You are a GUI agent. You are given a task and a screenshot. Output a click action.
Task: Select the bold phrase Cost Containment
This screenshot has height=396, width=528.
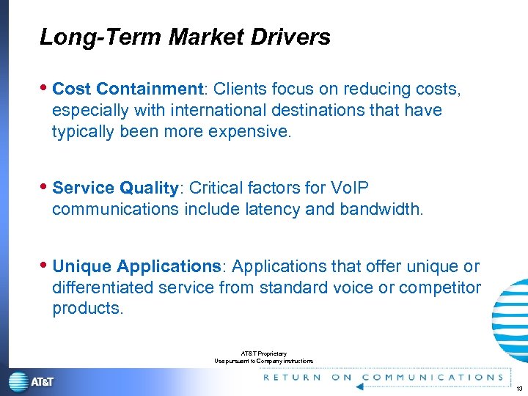[x=128, y=89]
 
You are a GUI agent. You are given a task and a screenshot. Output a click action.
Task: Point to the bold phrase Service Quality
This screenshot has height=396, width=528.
[x=116, y=188]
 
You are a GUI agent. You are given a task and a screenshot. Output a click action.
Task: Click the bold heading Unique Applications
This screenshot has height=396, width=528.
[x=136, y=266]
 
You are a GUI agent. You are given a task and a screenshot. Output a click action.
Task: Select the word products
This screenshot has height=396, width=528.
[x=87, y=309]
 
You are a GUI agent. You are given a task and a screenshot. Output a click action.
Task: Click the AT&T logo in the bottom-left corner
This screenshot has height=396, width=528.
[x=32, y=381]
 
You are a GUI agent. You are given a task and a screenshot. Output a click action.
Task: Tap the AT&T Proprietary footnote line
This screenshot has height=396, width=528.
[x=264, y=353]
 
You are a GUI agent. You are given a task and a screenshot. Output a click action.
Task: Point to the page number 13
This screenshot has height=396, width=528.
[x=518, y=388]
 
